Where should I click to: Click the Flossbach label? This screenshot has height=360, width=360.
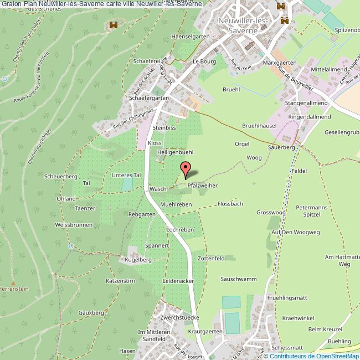(x=230, y=204)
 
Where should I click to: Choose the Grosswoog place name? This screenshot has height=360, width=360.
(x=271, y=213)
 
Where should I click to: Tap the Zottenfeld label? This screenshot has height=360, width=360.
(x=211, y=258)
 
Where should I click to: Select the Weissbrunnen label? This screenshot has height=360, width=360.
(x=74, y=225)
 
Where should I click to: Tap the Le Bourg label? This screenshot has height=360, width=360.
(x=203, y=61)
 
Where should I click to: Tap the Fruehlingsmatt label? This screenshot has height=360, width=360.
(x=286, y=298)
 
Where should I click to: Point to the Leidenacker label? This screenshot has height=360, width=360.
(x=178, y=281)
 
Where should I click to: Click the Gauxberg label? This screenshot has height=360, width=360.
(x=91, y=313)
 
